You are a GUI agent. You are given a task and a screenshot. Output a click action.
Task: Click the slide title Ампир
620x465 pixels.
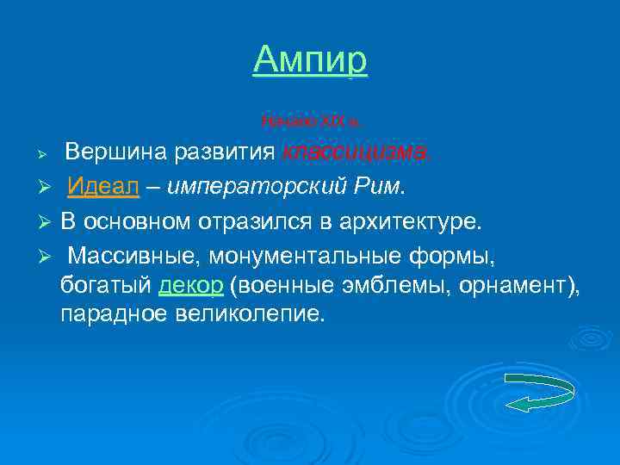(310, 59)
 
